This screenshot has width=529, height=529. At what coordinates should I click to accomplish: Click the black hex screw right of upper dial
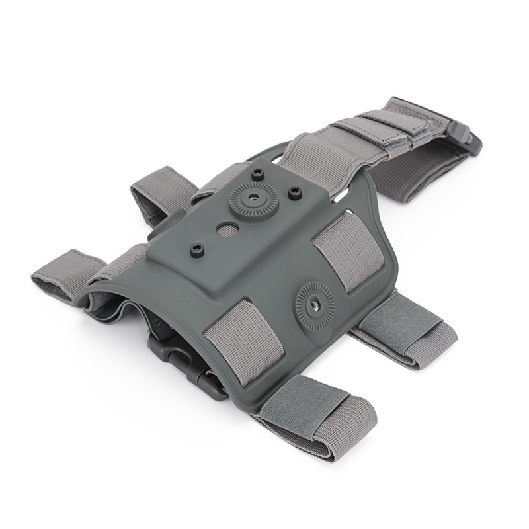[295, 192]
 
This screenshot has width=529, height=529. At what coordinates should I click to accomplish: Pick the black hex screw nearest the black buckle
[196, 249]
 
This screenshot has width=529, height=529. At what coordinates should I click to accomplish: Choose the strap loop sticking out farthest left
[60, 275]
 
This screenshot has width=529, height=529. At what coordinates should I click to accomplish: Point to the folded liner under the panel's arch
[132, 311]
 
